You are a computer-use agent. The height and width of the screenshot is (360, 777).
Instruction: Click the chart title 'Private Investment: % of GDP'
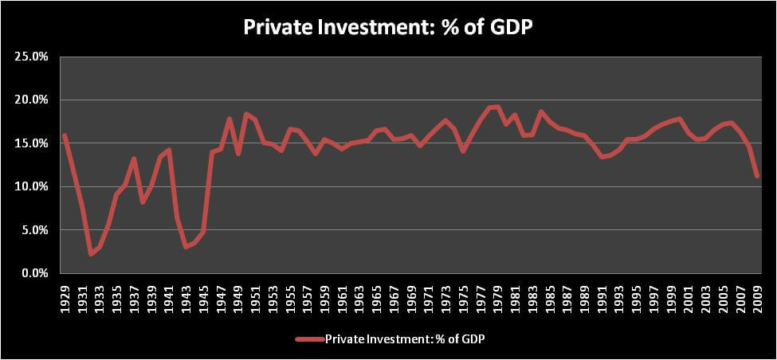pos(389,27)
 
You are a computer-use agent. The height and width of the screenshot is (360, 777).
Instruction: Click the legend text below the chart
pos(404,339)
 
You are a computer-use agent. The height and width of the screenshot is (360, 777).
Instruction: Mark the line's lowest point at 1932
pos(91,254)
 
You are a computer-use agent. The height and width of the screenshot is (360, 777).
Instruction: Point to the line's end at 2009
pos(757,176)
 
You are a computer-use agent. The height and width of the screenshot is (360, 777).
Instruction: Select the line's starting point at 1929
pos(65,135)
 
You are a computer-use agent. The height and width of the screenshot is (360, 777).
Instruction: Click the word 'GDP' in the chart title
pos(509,27)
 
